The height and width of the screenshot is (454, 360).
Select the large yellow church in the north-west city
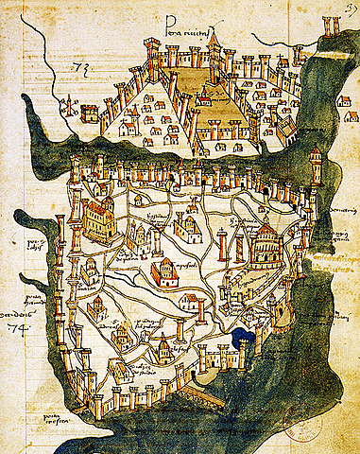point(97,219)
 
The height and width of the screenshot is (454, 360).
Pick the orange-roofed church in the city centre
point(165,273)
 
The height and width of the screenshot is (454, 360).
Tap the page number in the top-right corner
point(351,7)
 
